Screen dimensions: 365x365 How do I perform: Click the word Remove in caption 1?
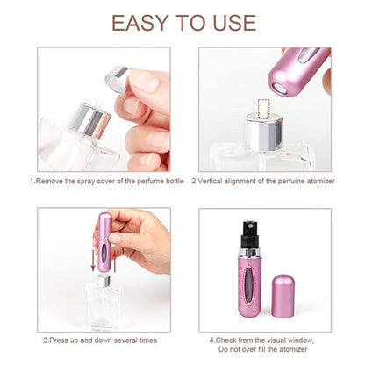53,182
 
